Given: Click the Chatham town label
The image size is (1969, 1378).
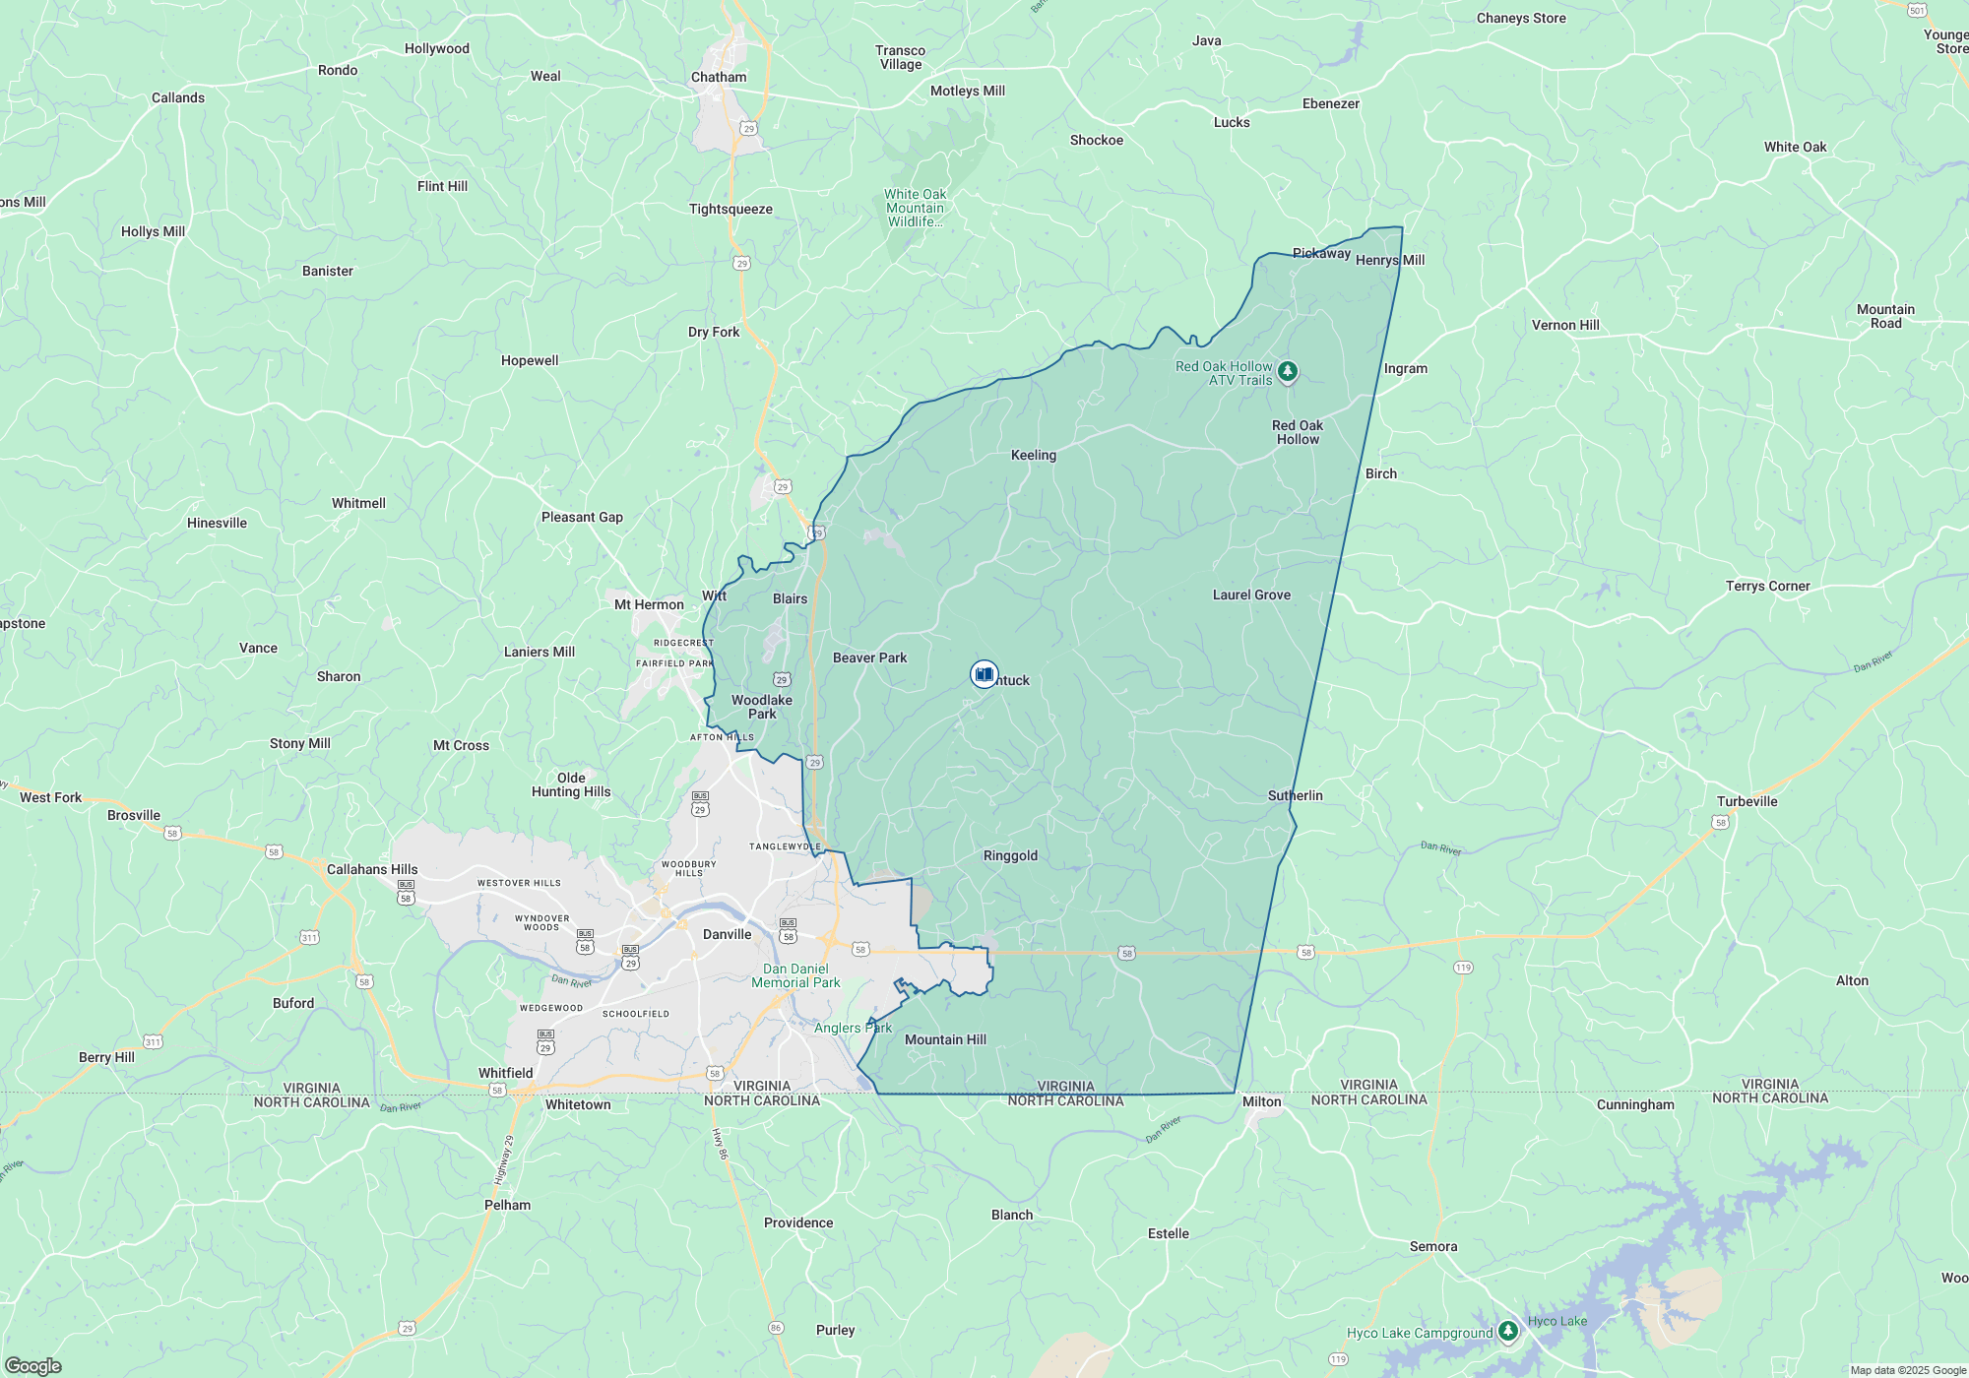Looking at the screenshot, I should [719, 77].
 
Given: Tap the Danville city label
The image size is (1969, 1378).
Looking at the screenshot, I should [727, 934].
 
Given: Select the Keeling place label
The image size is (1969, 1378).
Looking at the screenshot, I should [1033, 455].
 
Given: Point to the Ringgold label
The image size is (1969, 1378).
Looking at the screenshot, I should [1010, 855].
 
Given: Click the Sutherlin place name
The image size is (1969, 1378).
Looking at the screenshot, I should [1295, 795].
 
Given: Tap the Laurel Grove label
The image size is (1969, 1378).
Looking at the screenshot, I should [1251, 595].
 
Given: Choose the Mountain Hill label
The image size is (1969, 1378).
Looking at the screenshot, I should [945, 1039].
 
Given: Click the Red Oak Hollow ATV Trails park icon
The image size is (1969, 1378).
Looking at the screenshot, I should [1287, 372].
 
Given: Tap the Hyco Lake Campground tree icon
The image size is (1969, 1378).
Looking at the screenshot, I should [1507, 1332].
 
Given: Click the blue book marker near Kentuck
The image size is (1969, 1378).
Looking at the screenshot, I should [984, 674].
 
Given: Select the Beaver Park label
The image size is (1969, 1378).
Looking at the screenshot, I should [869, 658].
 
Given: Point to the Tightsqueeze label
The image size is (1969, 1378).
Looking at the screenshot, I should [730, 209].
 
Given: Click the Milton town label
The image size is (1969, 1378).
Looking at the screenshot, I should [1261, 1101].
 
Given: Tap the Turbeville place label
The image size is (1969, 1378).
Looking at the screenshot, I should [1747, 801].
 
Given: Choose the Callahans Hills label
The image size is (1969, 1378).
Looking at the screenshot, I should [372, 869].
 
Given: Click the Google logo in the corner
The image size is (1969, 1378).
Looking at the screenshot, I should [32, 1365].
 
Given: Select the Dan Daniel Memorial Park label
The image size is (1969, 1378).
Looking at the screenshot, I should [795, 975].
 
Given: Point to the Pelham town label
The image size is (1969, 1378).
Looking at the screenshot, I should [507, 1205].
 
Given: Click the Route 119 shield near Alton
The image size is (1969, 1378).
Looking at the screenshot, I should [1463, 968].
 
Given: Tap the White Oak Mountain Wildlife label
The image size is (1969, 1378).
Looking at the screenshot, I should [915, 208].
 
